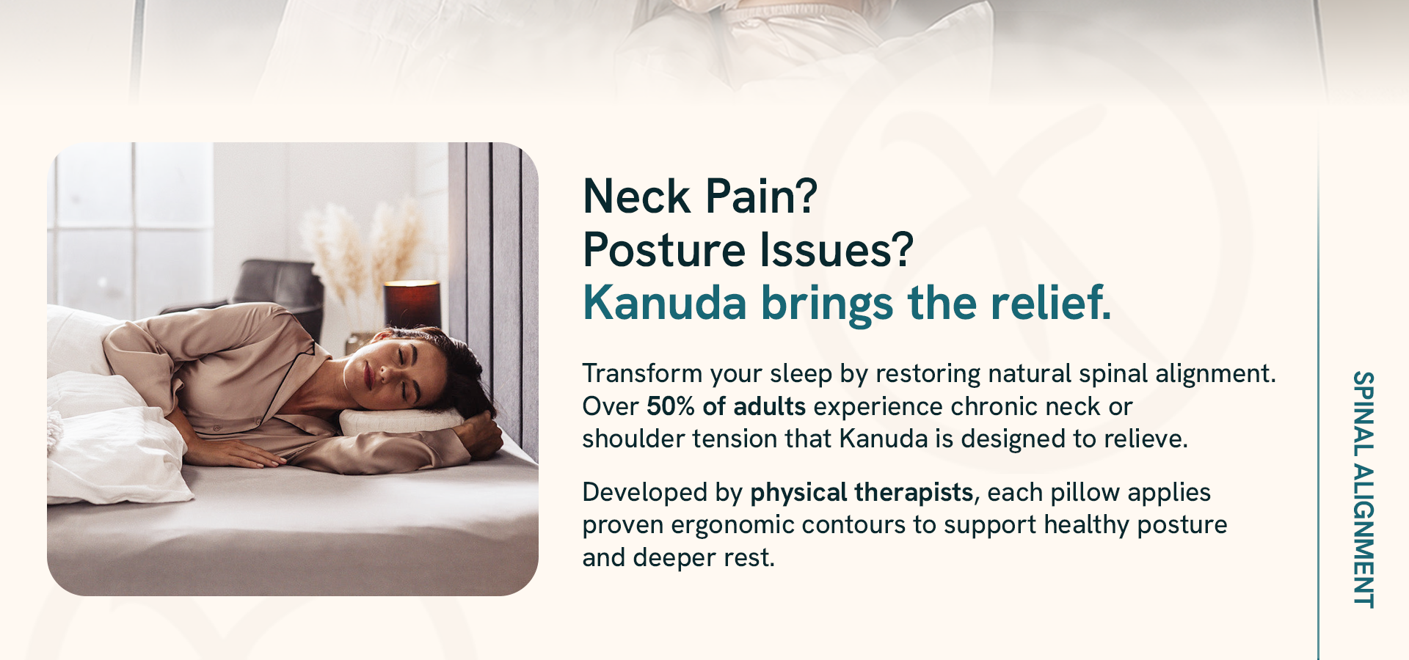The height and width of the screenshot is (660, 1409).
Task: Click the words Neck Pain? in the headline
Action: (700, 197)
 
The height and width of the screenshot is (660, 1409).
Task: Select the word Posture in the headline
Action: (664, 250)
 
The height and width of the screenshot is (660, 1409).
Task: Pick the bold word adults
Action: (769, 406)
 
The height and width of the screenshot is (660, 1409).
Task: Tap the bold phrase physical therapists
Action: (862, 493)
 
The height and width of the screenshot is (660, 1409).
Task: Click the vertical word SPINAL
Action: (1364, 414)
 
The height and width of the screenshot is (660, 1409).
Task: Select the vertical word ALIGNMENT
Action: (1364, 535)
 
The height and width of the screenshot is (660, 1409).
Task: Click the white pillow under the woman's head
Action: (400, 421)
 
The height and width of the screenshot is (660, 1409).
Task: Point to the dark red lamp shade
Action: (412, 304)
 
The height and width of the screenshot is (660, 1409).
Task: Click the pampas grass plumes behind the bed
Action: (363, 249)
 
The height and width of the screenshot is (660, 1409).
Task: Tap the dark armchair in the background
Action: (279, 290)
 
